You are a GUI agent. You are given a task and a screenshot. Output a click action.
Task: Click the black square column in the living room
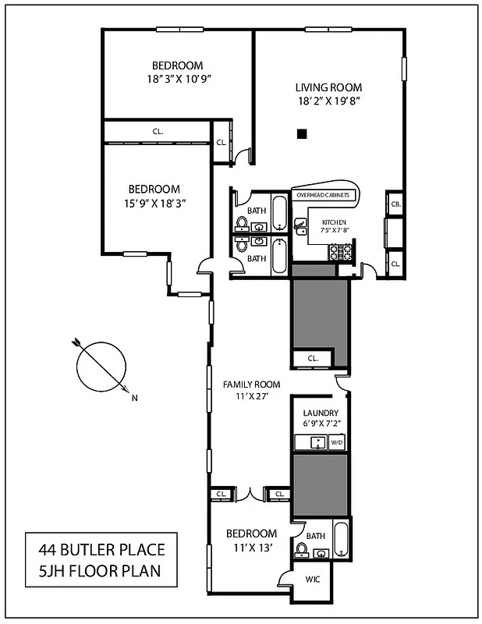(x=302, y=134)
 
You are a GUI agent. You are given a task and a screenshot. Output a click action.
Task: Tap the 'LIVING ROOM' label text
(x=328, y=87)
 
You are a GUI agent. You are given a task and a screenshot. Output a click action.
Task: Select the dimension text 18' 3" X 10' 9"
(x=179, y=79)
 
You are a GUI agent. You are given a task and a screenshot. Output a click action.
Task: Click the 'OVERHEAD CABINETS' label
(x=324, y=194)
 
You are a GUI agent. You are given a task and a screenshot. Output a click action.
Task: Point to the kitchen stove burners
(x=341, y=252)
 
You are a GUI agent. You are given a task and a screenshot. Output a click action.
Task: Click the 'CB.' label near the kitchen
(x=395, y=204)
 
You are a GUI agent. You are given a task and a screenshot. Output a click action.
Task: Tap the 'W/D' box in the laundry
(x=337, y=442)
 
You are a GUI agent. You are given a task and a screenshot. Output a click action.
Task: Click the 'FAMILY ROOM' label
(x=251, y=384)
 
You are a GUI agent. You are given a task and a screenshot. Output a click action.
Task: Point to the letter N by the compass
(x=135, y=399)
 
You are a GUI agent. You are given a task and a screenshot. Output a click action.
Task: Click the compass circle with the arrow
(x=101, y=366)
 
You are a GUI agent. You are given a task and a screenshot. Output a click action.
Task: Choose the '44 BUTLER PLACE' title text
(x=101, y=550)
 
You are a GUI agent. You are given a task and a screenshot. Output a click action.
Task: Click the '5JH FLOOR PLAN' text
(x=101, y=571)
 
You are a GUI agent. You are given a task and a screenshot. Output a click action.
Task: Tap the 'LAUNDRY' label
(x=321, y=413)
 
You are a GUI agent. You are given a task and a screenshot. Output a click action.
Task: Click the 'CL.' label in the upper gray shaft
(x=314, y=358)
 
